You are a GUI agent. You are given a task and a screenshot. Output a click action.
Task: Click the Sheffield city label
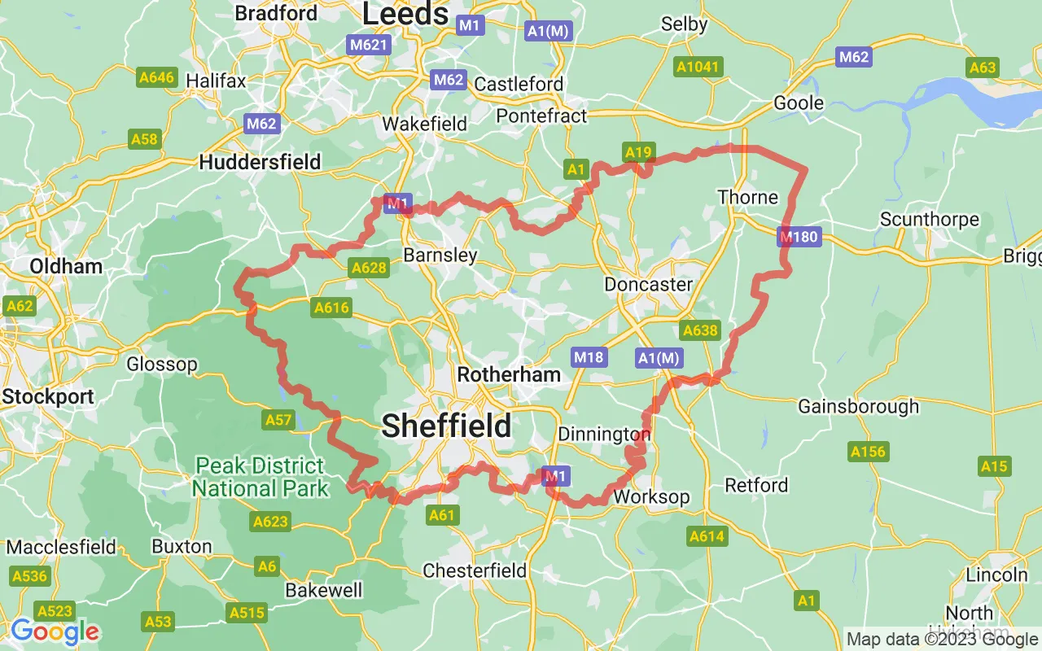click(446, 425)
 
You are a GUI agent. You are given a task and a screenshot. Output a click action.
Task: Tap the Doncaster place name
click(648, 284)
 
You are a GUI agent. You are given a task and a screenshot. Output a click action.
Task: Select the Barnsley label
click(440, 255)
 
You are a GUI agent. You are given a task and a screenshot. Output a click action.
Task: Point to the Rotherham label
click(509, 374)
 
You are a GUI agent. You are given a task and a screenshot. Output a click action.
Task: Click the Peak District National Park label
click(260, 477)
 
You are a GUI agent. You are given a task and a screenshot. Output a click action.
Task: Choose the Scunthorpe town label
click(929, 220)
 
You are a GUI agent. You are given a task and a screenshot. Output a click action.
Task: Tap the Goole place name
click(799, 103)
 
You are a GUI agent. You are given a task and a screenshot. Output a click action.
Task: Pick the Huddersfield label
click(260, 162)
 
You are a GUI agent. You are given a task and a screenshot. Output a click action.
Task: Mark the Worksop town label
click(651, 496)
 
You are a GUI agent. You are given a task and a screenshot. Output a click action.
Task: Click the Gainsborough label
click(858, 406)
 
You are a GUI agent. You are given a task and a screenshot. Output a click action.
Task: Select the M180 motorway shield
click(799, 238)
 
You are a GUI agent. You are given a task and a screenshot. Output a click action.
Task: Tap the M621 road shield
click(368, 45)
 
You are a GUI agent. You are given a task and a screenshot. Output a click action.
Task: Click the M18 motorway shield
click(589, 356)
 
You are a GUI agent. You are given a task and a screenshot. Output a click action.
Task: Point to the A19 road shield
click(639, 151)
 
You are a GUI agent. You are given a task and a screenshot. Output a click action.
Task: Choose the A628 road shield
click(368, 266)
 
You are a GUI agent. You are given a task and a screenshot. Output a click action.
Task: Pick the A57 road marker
click(278, 420)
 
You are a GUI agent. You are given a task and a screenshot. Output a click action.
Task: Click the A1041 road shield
click(698, 66)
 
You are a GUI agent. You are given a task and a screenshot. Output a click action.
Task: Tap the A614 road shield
click(707, 536)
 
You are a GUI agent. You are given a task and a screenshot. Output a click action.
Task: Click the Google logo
click(55, 631)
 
